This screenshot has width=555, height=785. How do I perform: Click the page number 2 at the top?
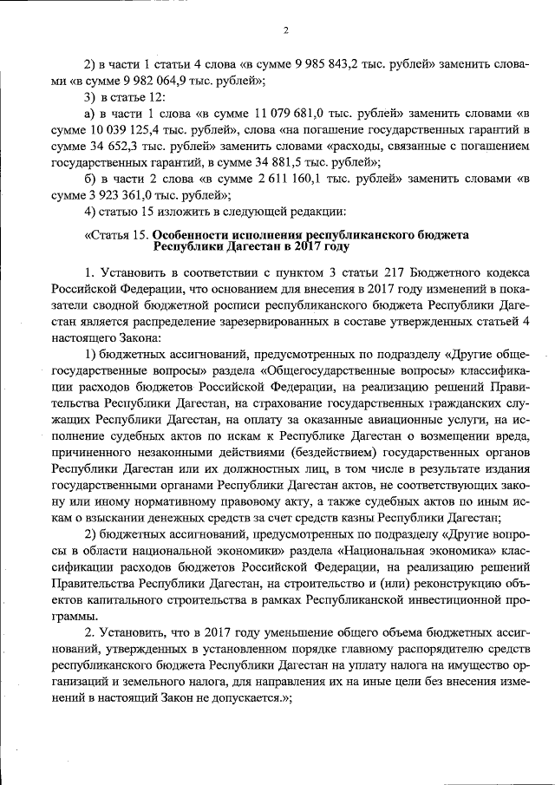[284, 31]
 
